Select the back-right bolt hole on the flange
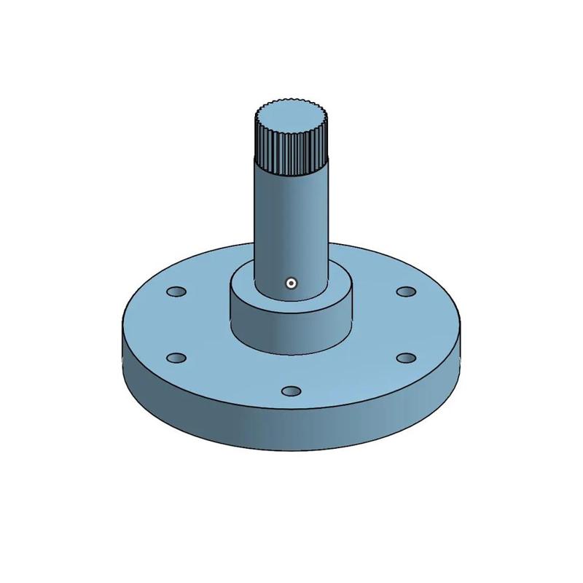tap(405, 291)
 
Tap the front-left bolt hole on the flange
tap(176, 358)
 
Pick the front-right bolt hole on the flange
tap(405, 358)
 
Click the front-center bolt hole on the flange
tap(291, 391)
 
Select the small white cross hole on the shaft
tap(291, 283)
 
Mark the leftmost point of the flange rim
tap(121, 335)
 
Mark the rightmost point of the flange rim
tap(462, 335)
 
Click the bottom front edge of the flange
tap(291, 453)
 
